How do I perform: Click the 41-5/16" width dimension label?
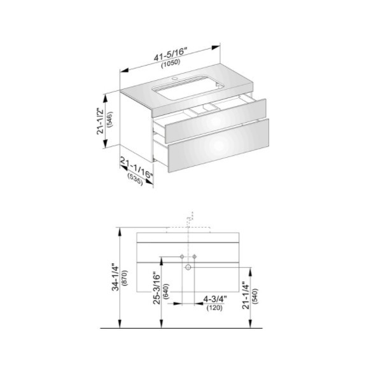[x=171, y=55]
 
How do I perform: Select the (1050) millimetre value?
[x=171, y=64]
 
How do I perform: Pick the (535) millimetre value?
[x=136, y=179]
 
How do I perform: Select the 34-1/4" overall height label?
[x=116, y=278]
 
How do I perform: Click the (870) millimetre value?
[x=125, y=278]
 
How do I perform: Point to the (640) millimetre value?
[x=166, y=291]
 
